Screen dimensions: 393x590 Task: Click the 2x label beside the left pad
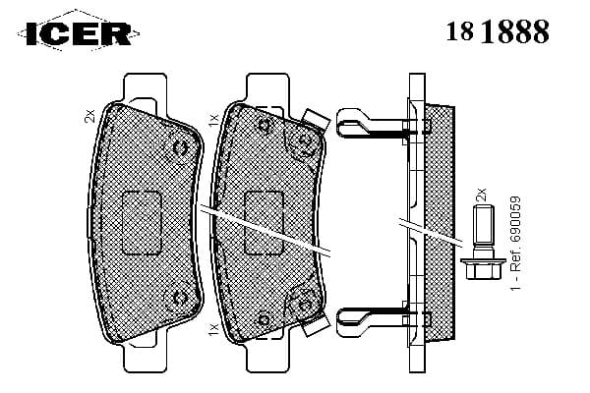tap(90, 115)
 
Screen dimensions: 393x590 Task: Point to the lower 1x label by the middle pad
tap(212, 328)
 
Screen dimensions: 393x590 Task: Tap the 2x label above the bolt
tap(481, 195)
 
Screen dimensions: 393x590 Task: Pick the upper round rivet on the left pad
tap(181, 147)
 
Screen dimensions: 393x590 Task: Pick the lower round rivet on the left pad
tap(181, 296)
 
